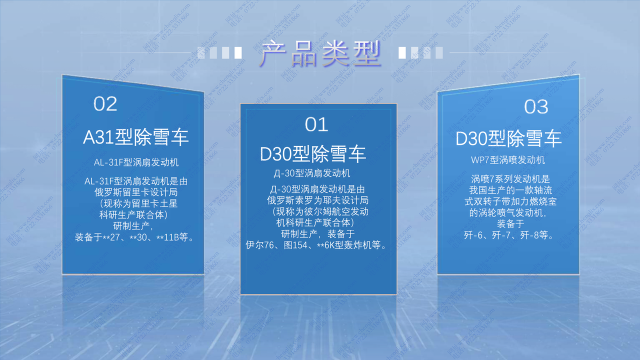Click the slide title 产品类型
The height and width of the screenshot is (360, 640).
(320, 52)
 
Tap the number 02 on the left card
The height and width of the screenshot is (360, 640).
(105, 104)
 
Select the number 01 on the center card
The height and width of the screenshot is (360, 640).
(316, 124)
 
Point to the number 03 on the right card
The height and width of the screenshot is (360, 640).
(536, 106)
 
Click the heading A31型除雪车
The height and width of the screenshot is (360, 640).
(136, 137)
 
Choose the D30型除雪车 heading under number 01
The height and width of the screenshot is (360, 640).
(313, 154)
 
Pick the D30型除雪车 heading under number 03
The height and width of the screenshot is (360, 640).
(508, 138)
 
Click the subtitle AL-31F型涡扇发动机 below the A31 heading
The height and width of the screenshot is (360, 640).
(136, 163)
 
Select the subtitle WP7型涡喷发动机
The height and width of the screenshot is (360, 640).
(508, 160)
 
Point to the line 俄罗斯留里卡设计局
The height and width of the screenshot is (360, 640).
(136, 192)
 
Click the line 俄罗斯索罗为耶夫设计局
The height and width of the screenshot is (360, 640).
(317, 200)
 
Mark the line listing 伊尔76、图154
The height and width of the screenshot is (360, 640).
(316, 245)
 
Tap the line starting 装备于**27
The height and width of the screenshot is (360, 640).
(134, 238)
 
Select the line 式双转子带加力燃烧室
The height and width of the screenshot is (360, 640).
(510, 201)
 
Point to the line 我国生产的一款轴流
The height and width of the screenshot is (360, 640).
(510, 190)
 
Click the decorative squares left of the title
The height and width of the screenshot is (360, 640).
(219, 52)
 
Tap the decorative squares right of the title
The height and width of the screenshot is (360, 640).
(420, 52)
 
